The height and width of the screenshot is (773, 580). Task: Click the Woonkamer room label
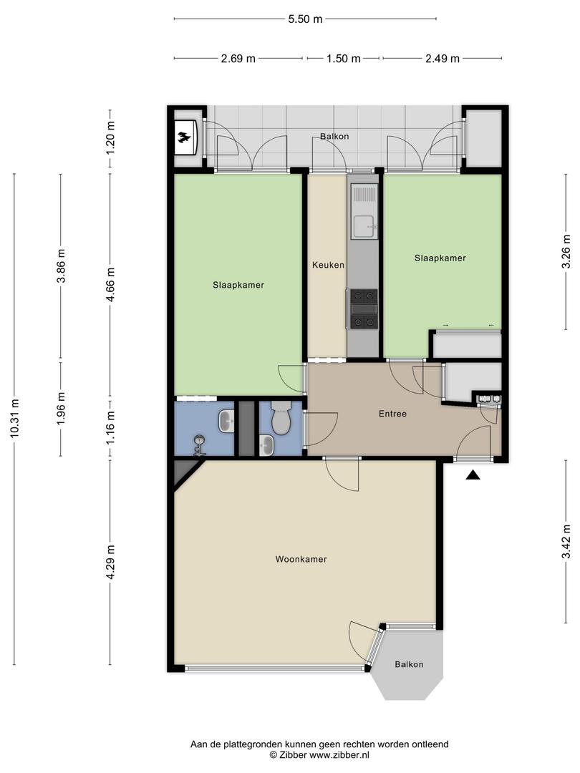point(301,559)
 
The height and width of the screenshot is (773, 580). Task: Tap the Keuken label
point(328,266)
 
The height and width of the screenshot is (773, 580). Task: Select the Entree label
point(392,414)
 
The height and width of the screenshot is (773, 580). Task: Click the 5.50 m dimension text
point(305,19)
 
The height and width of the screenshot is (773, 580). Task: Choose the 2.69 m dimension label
point(238,59)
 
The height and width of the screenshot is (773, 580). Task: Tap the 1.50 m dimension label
point(343,59)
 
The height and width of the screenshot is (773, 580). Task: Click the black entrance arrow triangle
point(473,475)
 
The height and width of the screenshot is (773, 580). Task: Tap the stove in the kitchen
point(364,309)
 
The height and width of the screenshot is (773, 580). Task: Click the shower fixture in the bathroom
point(199,444)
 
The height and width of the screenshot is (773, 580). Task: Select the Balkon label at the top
point(334,136)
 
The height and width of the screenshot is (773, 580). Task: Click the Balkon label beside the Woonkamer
point(409,664)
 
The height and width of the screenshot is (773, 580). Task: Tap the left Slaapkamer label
point(238,285)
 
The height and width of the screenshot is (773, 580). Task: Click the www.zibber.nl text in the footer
point(339,755)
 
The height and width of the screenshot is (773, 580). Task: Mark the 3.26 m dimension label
point(567,256)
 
